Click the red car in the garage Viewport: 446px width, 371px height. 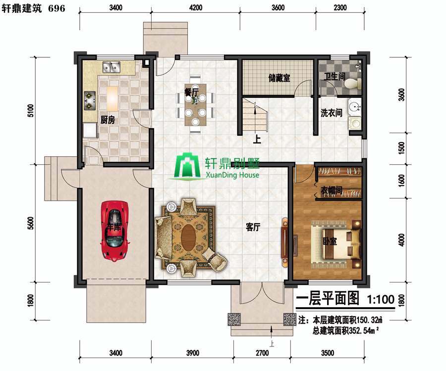coord(114,231)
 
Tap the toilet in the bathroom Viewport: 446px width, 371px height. coord(353,84)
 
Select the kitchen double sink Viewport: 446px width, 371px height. coord(111,67)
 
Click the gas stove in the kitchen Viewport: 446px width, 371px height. coord(90,100)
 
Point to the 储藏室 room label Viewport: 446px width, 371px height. coord(279,78)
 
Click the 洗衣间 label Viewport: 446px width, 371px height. coord(332,113)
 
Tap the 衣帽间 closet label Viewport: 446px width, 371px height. coord(332,190)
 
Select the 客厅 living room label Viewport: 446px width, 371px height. coord(253,227)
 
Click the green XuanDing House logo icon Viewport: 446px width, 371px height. coord(187,166)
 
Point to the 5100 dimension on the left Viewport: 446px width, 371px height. coord(31,110)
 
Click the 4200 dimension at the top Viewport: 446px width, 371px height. coord(196,7)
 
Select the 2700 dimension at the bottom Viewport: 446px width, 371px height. coord(262,353)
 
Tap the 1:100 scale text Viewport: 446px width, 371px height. coord(381,299)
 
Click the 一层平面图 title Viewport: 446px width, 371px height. coord(328,299)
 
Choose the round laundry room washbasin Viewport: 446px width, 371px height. coord(354,107)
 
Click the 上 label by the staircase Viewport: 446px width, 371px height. coord(257,139)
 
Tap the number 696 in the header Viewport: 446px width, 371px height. coord(56,8)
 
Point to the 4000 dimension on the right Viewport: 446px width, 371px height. coord(401,240)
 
